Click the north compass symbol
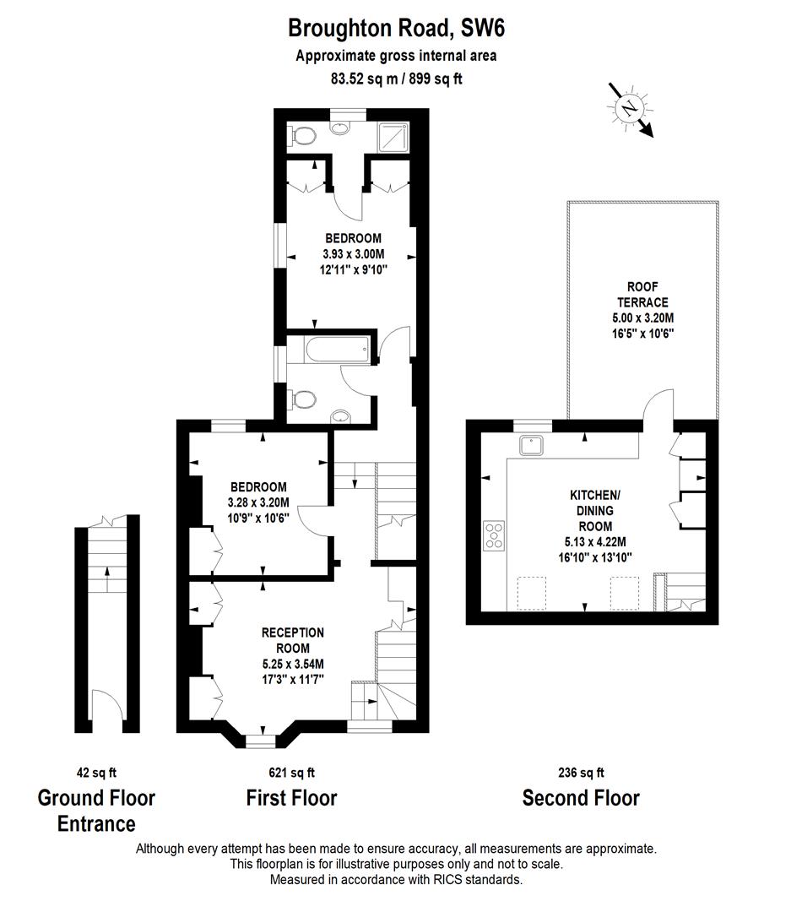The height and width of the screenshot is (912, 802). click(629, 107)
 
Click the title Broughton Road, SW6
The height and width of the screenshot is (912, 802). click(396, 29)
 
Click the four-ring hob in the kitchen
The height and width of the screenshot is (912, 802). click(493, 536)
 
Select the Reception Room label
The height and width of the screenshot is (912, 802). click(292, 632)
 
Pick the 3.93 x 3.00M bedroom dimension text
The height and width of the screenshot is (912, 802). click(353, 253)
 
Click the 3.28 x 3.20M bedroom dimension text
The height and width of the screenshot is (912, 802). click(258, 502)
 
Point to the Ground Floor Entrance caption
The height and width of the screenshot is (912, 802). click(96, 810)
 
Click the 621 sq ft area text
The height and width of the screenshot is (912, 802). click(291, 772)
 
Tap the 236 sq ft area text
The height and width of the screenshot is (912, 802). click(581, 772)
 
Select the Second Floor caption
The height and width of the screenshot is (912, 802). click(581, 798)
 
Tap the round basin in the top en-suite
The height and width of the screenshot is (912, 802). click(341, 128)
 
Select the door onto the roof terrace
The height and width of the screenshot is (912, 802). click(658, 407)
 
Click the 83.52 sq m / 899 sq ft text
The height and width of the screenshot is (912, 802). click(396, 79)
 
